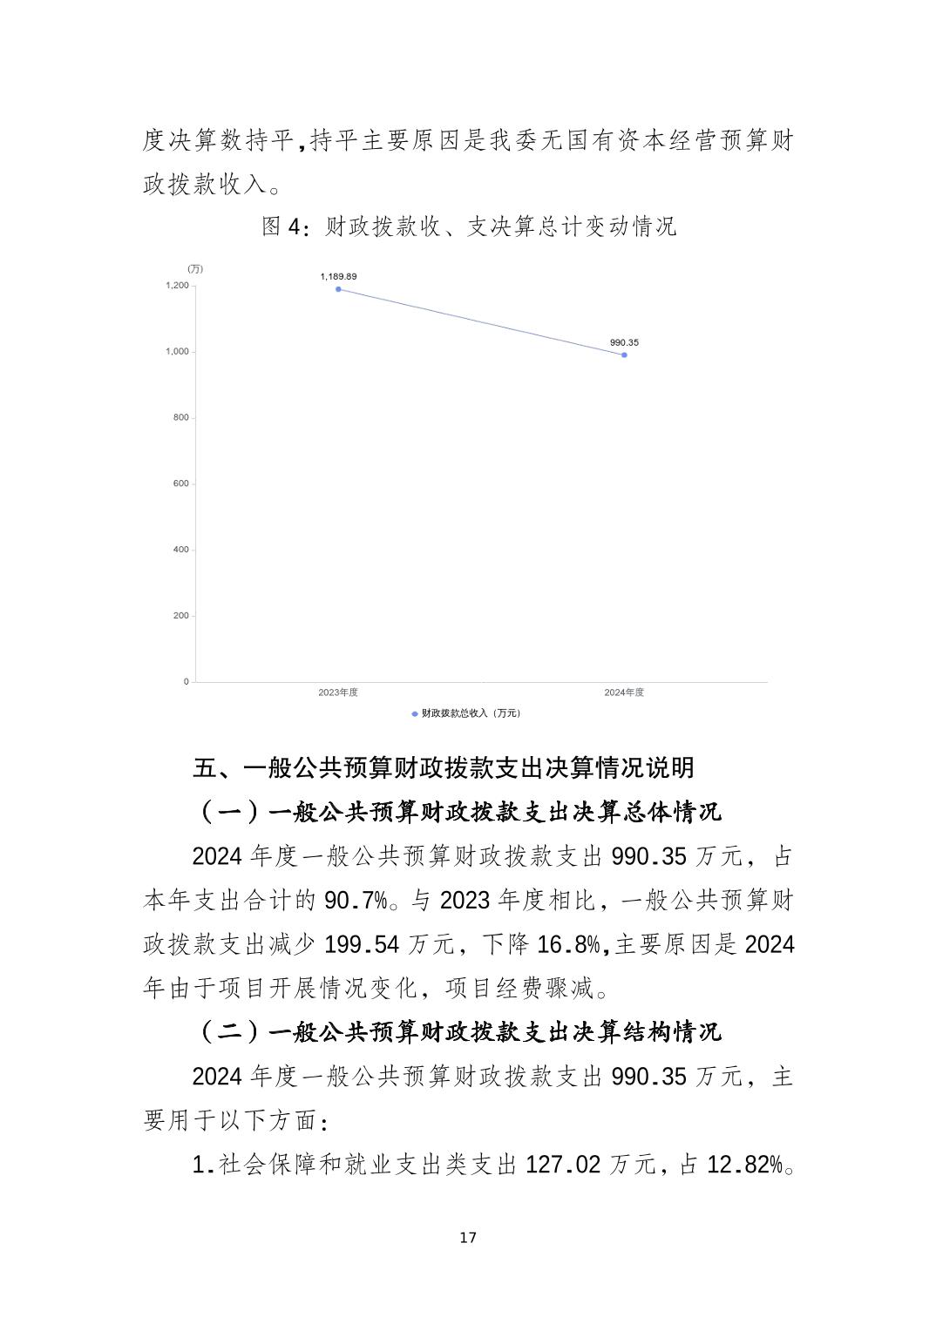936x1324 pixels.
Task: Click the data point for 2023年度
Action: [338, 289]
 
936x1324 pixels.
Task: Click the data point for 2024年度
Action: [624, 355]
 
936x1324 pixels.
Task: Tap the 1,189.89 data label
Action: [338, 276]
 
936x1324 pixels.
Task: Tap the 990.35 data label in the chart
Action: [624, 342]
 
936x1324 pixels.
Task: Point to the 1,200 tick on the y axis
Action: [177, 286]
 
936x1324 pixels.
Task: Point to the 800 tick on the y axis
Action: [180, 417]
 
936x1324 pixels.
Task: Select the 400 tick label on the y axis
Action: [180, 550]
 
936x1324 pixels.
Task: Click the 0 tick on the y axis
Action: [186, 681]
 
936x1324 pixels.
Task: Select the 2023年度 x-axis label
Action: [338, 692]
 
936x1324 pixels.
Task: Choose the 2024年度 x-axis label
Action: [624, 692]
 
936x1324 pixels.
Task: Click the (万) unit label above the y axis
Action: [195, 269]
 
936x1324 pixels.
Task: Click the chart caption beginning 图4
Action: [469, 227]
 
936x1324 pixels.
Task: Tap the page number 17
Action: [468, 1238]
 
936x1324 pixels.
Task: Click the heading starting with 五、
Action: [444, 768]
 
